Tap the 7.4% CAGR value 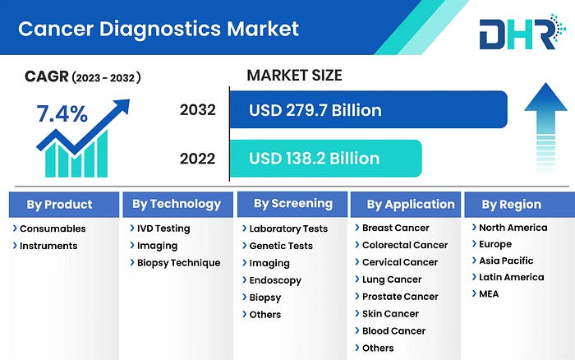point(62,113)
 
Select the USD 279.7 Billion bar point(369,109)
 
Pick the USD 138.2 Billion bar point(326,158)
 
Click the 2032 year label point(198,109)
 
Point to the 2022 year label point(197,159)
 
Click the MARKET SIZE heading point(294,76)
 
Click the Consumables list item point(53,228)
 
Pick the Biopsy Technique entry point(178,263)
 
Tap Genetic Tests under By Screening point(281,246)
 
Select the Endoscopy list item point(275,280)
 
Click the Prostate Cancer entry point(400,297)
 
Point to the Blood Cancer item point(393,331)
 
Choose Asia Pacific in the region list point(506,261)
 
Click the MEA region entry point(489,294)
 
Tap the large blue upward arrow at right point(545,127)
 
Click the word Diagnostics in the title point(160,30)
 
